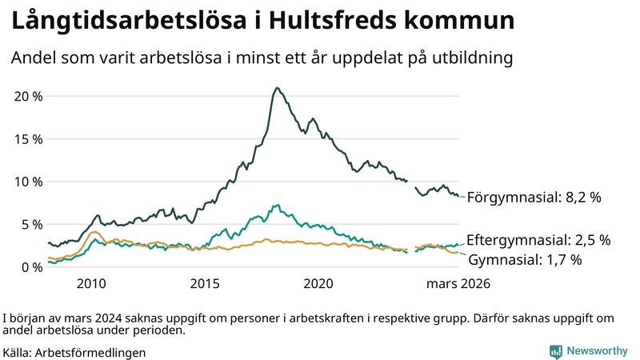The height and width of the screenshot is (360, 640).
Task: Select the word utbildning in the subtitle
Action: [x=469, y=58]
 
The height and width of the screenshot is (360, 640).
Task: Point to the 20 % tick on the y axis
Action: [x=29, y=96]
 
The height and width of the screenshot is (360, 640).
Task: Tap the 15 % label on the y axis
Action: [x=29, y=138]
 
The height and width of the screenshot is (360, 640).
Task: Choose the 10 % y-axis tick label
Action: [x=29, y=182]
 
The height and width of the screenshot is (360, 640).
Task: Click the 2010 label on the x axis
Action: [x=91, y=283]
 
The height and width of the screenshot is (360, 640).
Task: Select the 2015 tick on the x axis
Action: [x=206, y=283]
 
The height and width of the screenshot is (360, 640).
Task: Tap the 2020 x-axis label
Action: [x=320, y=283]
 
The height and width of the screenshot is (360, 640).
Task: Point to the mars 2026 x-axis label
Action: [x=458, y=283]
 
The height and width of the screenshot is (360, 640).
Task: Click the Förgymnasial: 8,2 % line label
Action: [x=534, y=197]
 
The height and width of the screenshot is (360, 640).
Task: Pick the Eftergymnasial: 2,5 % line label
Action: [x=538, y=240]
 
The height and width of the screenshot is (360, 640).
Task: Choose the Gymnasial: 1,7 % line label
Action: [x=524, y=260]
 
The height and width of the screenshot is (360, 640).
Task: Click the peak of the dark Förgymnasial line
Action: [x=277, y=88]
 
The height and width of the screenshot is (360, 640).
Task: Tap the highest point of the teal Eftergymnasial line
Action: [x=277, y=206]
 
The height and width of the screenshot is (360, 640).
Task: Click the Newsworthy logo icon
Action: [x=555, y=351]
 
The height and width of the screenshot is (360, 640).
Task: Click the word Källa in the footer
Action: [x=18, y=352]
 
